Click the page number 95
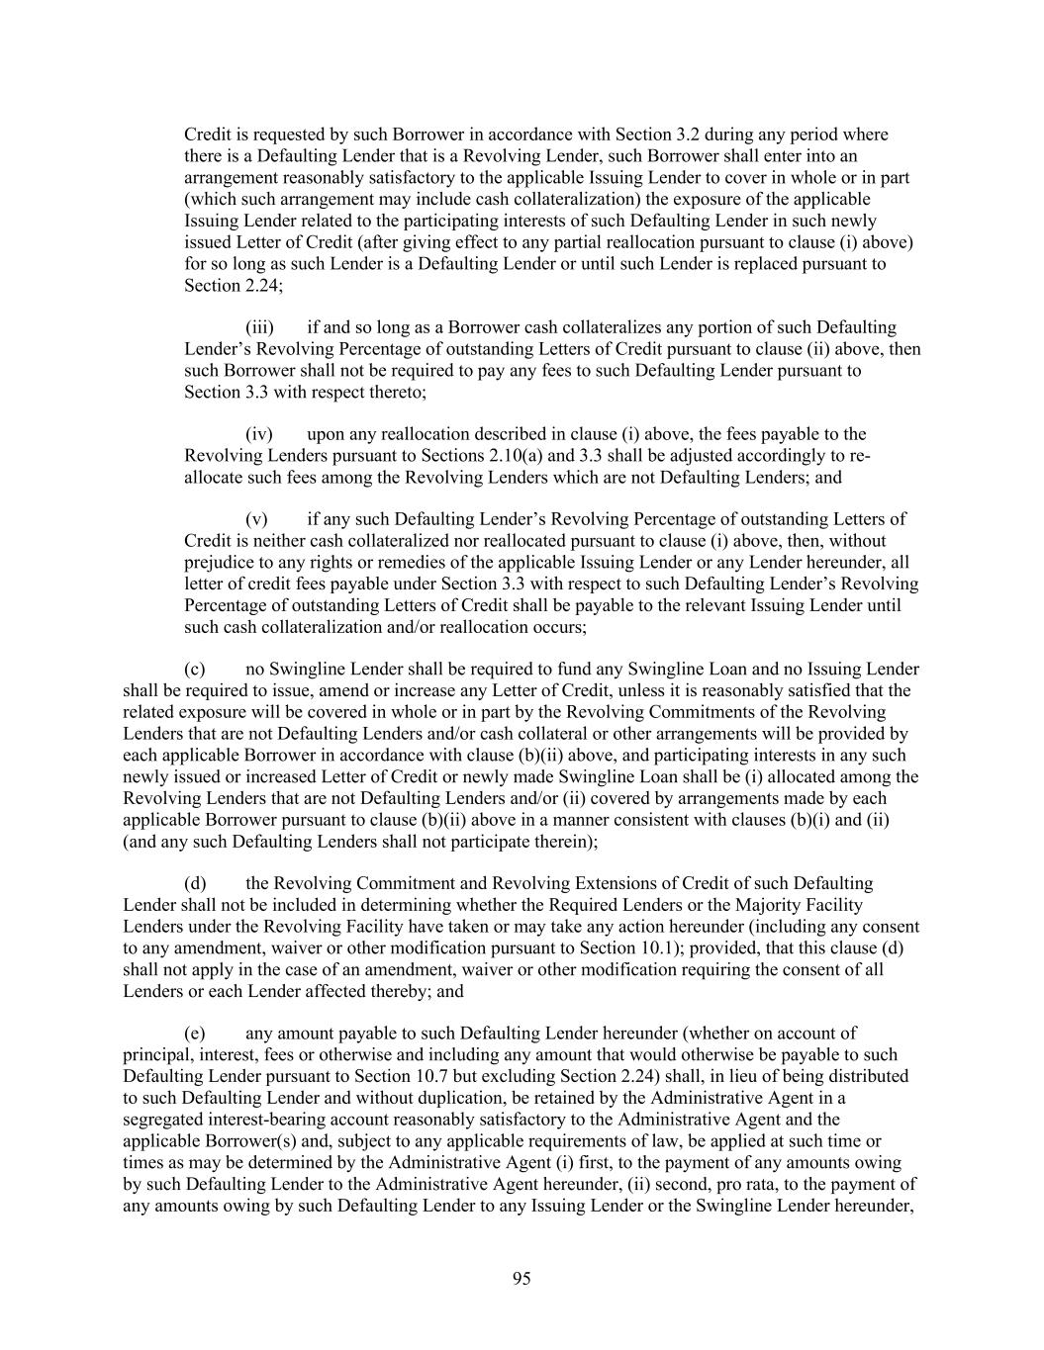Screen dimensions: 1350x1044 tap(522, 1279)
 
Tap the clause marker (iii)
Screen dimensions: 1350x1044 tap(259, 327)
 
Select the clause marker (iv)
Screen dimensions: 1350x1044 tap(259, 434)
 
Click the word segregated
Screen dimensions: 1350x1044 tap(155, 1120)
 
